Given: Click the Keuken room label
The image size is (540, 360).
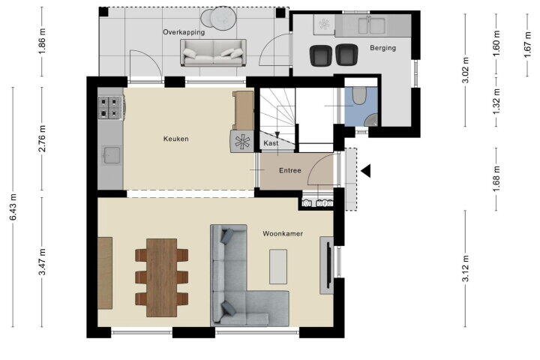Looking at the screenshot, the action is pos(176,139).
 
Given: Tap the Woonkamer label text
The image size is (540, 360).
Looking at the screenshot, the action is pos(283,233).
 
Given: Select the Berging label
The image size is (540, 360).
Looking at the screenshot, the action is pos(382,48).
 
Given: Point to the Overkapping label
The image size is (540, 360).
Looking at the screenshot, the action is pos(184,32).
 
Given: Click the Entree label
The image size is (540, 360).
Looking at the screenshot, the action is pos(290,170).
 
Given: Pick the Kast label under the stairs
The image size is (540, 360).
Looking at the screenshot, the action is pos(271,143).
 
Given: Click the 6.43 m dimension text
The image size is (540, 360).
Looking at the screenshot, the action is pos(13,207).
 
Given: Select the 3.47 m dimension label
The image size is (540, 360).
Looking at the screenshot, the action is pos(42,262).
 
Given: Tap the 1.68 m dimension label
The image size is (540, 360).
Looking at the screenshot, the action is pos(496,178).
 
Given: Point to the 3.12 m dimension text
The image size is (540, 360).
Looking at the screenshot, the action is pos(465,268).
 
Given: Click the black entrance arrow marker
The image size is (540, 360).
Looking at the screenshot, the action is pos(366,171).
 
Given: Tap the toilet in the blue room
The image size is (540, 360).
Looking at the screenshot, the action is pos(359,94).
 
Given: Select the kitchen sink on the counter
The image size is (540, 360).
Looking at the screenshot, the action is pos(112,155).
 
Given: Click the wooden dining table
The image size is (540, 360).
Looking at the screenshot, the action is pos(161,277).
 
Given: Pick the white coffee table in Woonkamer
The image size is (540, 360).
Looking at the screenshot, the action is pos(278,267).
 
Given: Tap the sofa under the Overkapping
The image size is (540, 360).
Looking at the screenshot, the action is pos(213,52).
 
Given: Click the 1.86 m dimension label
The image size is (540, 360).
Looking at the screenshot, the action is pos(42,41).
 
